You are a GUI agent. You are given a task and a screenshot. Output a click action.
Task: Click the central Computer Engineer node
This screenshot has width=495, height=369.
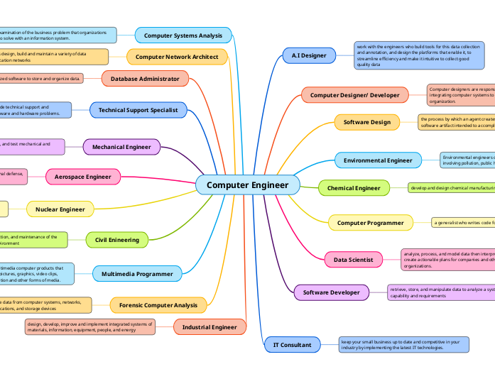tap(247, 185)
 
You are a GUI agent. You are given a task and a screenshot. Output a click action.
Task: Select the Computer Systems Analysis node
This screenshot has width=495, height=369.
tap(183, 35)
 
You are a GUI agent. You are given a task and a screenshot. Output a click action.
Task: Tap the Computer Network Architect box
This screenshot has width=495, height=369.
tap(178, 57)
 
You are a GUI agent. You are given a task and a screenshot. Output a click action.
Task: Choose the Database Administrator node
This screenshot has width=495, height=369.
tap(145, 78)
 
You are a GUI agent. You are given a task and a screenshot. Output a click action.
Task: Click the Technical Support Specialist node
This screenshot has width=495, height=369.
tap(138, 110)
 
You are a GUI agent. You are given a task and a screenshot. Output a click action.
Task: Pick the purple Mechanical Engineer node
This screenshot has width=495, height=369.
tap(121, 147)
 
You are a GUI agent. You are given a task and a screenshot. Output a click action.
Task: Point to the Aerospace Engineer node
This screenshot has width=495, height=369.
tap(83, 176)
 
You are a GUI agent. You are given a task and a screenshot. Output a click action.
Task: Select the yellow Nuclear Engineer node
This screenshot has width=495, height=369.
tap(60, 209)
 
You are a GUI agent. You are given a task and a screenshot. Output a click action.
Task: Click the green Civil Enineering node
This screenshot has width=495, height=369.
tap(117, 240)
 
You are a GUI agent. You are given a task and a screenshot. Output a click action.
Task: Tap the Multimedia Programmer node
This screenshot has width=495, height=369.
tap(137, 273)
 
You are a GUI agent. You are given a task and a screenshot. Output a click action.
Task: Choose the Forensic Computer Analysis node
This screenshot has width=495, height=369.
tap(158, 305)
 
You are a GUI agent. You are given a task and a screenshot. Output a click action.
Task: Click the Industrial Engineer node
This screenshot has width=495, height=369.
tap(210, 327)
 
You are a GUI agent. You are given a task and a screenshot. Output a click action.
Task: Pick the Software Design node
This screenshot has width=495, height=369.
tap(366, 122)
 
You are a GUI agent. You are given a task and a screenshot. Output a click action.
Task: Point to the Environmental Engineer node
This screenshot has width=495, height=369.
tap(378, 160)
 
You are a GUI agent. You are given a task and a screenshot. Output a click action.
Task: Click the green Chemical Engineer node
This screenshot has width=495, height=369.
tap(354, 188)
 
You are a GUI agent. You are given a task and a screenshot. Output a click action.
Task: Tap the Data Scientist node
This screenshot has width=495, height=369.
tap(353, 260)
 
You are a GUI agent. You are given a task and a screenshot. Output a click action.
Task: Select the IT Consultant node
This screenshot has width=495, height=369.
tap(292, 345)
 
